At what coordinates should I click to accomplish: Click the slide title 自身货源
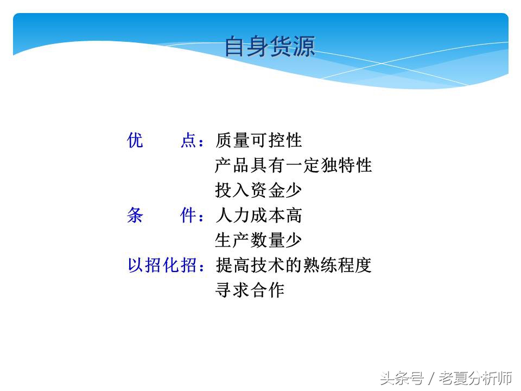tap(270, 47)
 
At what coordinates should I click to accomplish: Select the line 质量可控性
tap(258, 141)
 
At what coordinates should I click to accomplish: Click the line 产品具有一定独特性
tap(293, 165)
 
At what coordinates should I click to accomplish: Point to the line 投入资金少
tap(258, 190)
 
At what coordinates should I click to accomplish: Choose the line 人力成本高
tap(258, 216)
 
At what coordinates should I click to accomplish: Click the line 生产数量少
tap(258, 240)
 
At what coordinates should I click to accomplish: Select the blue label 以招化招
tap(162, 266)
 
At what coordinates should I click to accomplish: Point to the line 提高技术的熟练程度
tap(293, 266)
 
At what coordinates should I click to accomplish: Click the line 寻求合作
tap(250, 290)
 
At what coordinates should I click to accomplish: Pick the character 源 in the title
tap(304, 47)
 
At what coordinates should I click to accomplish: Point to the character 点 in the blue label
tap(188, 141)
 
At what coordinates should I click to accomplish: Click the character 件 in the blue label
tap(188, 216)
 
